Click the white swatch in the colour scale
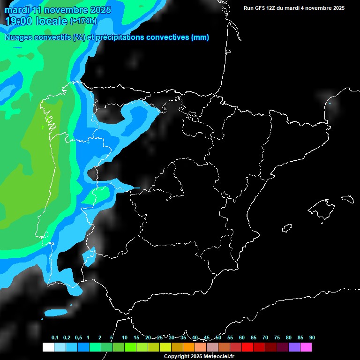[x=48, y=347]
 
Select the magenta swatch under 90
[x=306, y=347]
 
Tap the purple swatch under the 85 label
[x=294, y=347]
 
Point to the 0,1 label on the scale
[x=55, y=338]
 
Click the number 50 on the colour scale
[x=218, y=338]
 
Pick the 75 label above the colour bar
[x=277, y=338]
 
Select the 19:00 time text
[x=19, y=21]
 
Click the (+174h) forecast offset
[x=83, y=21]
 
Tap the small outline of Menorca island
[x=347, y=198]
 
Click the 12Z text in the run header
[x=274, y=8]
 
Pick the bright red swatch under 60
[x=247, y=347]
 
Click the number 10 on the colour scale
[x=125, y=338]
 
